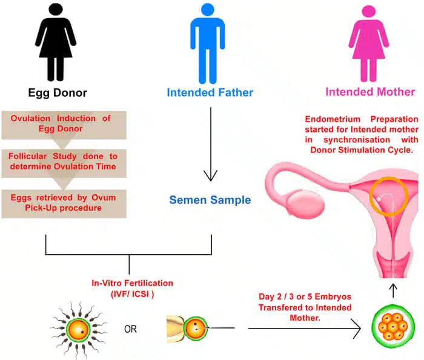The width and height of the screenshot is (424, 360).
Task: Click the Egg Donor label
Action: [x=58, y=93]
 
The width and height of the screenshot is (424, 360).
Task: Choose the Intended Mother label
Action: [x=370, y=93]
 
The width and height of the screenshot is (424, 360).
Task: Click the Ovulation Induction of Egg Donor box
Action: [x=64, y=123]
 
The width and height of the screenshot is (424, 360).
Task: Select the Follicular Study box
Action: [x=64, y=160]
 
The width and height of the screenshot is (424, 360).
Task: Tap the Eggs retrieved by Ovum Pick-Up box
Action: [x=64, y=202]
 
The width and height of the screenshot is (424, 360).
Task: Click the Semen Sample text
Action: [x=210, y=200]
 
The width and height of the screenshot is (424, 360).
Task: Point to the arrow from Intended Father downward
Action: [x=210, y=145]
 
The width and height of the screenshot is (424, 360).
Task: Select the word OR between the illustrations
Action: [x=130, y=330]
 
